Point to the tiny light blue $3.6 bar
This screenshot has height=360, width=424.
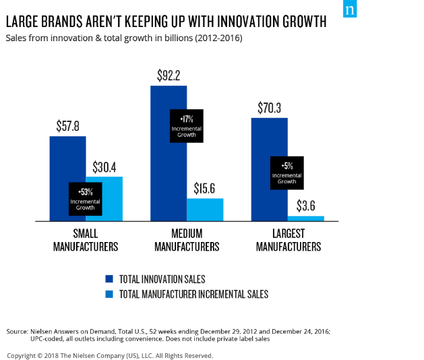pyautogui.click(x=305, y=218)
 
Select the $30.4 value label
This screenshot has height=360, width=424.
pyautogui.click(x=104, y=167)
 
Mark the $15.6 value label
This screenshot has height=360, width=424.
pyautogui.click(x=205, y=188)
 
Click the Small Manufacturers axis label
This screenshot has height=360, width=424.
pyautogui.click(x=86, y=241)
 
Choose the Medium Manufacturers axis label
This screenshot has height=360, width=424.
pyautogui.click(x=187, y=241)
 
